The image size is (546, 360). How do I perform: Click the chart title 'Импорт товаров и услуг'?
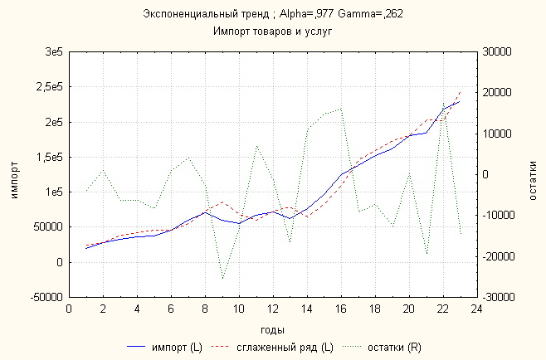(x=272, y=31)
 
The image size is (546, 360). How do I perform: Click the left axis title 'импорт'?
(x=12, y=173)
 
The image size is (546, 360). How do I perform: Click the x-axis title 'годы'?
(x=273, y=329)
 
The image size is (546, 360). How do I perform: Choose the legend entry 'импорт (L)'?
(x=173, y=345)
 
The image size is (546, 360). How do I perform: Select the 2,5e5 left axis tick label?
(x=49, y=87)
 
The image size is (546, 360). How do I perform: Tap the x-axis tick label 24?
(x=476, y=309)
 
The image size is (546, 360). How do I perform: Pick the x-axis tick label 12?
(x=273, y=309)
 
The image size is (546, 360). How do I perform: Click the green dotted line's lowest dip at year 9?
(x=222, y=279)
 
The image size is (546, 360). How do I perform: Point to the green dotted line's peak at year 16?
(x=341, y=108)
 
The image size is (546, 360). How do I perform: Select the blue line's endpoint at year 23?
(x=460, y=101)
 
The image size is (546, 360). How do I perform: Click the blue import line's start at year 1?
(x=86, y=248)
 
